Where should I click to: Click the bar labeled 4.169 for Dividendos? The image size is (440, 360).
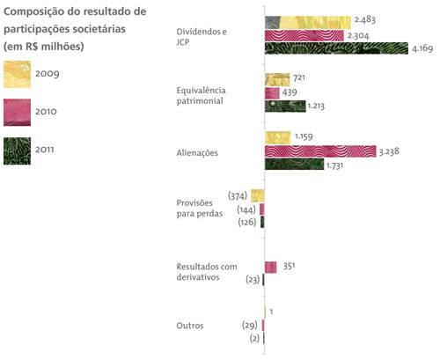point(326,48)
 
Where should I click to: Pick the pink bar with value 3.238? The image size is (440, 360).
point(320,151)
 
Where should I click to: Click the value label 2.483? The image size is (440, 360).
point(366,21)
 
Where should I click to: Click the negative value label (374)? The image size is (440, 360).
point(237,195)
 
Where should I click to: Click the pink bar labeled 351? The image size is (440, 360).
point(271,267)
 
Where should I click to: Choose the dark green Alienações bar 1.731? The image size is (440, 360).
point(294,165)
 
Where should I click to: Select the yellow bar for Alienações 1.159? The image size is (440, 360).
point(277,137)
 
